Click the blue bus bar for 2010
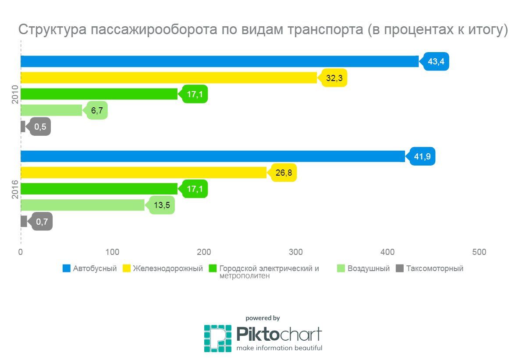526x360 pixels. pyautogui.click(x=219, y=62)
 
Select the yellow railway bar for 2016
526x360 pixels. pyautogui.click(x=143, y=173)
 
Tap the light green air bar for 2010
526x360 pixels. pyautogui.click(x=51, y=110)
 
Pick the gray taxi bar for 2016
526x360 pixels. pyautogui.click(x=24, y=221)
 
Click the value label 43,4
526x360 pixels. pyautogui.click(x=436, y=62)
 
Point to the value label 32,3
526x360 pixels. pyautogui.click(x=334, y=78)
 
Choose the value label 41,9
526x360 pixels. pyautogui.click(x=422, y=156)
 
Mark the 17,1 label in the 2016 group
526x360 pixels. pyautogui.click(x=194, y=189)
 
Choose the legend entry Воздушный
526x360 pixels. pyautogui.click(x=368, y=268)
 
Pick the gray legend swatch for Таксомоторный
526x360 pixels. pyautogui.click(x=399, y=268)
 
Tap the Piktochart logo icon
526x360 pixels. pyautogui.click(x=217, y=338)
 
